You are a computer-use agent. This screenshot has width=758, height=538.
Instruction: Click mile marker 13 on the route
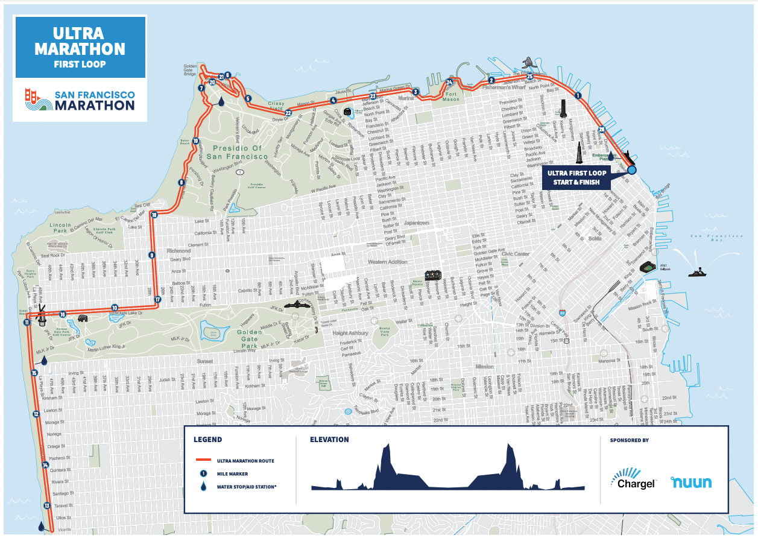pyautogui.click(x=46, y=505)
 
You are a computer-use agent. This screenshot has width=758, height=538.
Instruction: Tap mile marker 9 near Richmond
pyautogui.click(x=151, y=255)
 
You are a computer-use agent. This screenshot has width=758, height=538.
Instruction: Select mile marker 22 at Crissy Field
pyautogui.click(x=288, y=113)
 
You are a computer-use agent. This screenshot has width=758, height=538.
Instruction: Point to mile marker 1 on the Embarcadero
pyautogui.click(x=577, y=95)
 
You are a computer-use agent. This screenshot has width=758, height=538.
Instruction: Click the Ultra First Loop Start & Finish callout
pyautogui.click(x=576, y=177)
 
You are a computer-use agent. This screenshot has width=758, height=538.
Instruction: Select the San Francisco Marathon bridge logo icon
pyautogui.click(x=37, y=101)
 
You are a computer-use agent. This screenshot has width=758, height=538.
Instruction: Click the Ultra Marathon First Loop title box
pyautogui.click(x=80, y=47)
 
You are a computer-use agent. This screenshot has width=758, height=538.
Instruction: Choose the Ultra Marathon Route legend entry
pyautogui.click(x=245, y=461)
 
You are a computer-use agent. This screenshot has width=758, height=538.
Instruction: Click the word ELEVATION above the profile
pyautogui.click(x=329, y=440)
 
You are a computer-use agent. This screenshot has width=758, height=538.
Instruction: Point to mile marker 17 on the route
pyautogui.click(x=157, y=299)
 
